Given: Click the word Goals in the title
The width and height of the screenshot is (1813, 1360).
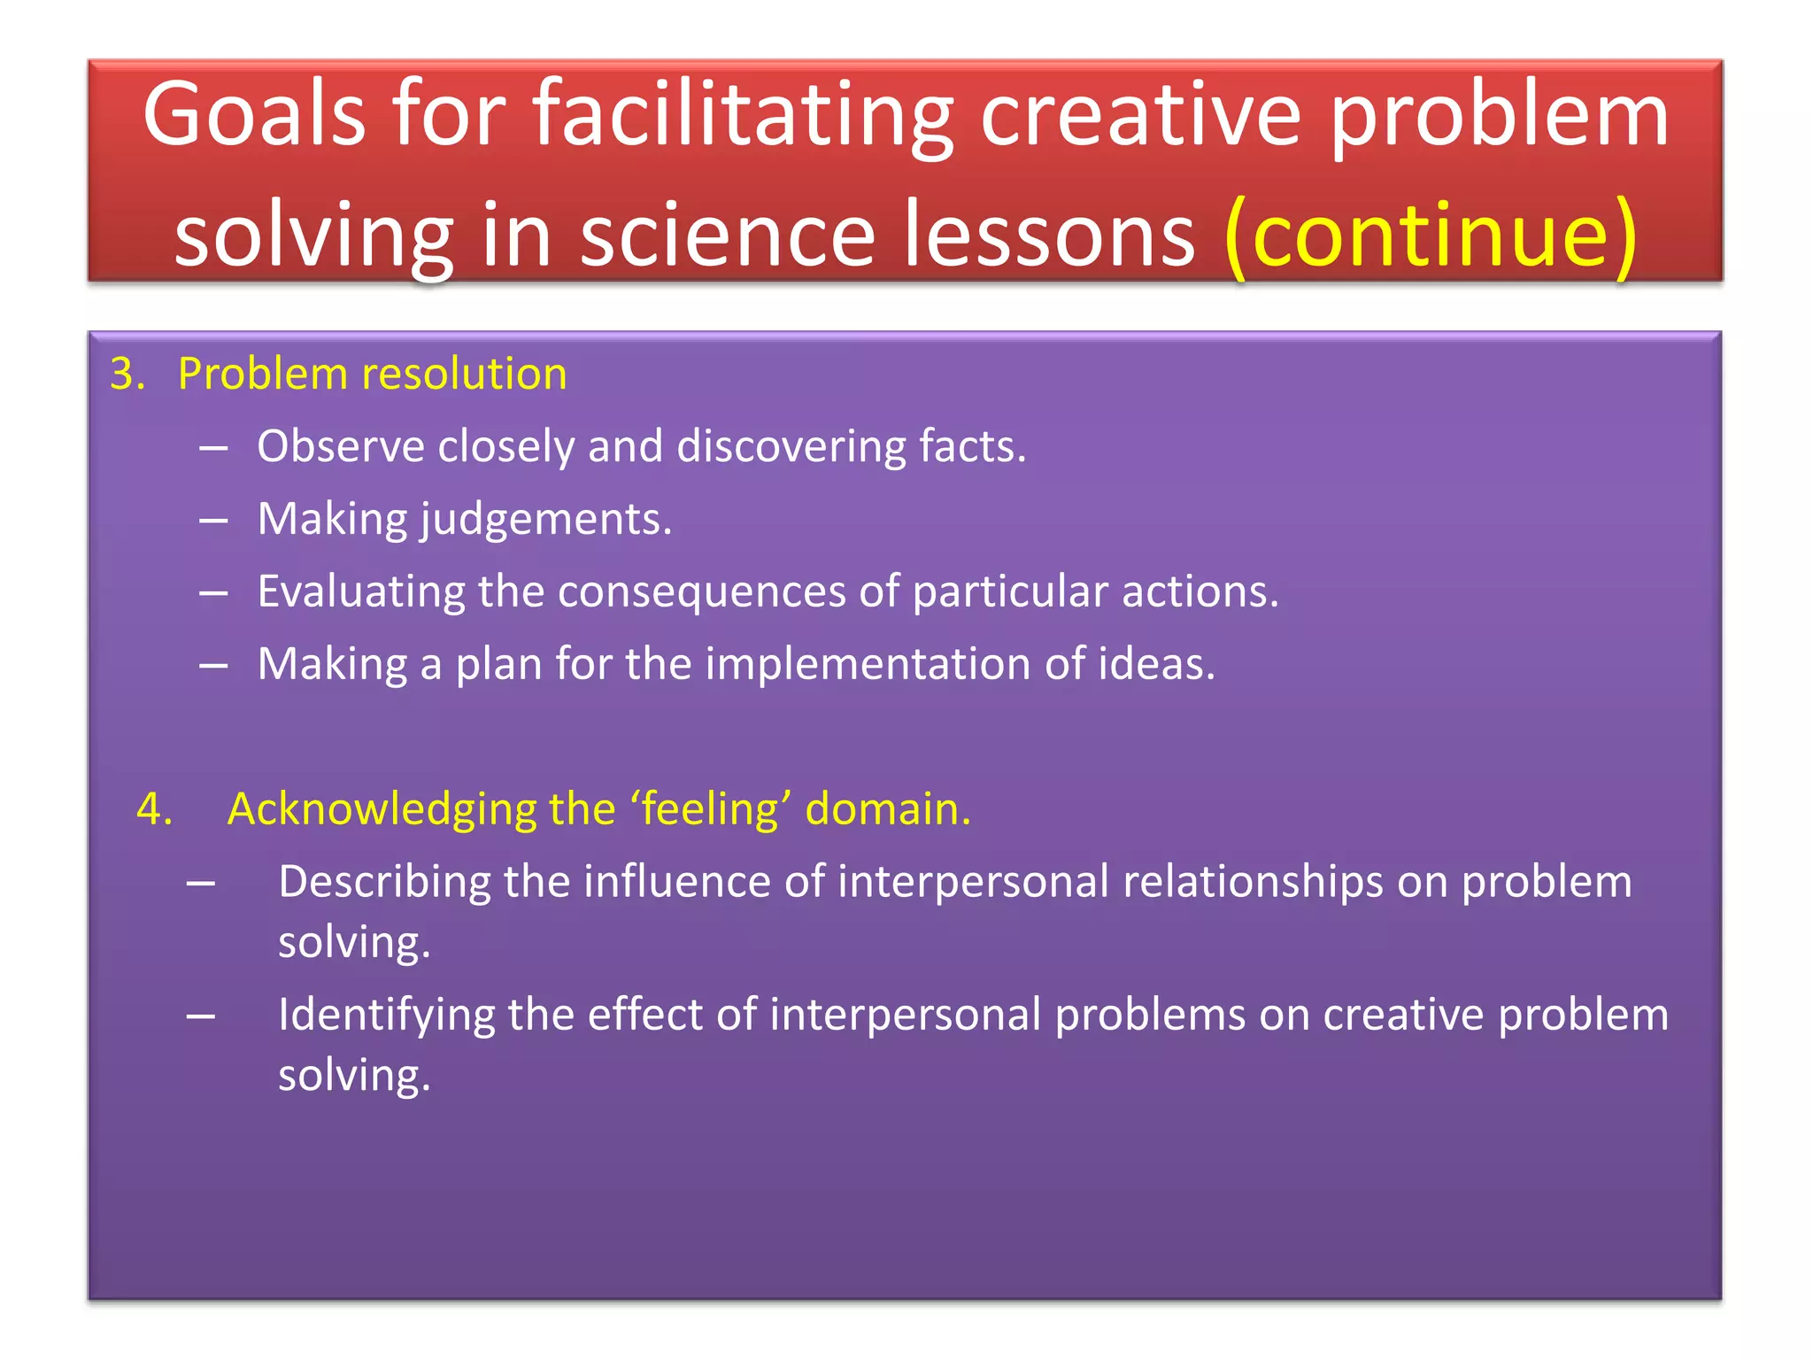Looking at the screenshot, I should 254,115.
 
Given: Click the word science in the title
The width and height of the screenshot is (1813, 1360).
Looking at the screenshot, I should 727,236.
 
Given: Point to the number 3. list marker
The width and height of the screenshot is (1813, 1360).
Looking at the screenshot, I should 127,375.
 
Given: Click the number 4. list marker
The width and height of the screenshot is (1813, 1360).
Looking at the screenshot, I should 154,809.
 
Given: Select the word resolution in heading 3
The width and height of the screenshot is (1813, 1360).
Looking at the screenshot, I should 464,375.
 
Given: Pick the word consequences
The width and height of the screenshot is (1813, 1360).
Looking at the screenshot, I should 701,591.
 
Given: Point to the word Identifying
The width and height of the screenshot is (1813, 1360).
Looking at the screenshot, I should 385,1015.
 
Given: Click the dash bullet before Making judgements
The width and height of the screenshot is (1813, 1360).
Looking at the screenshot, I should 213,521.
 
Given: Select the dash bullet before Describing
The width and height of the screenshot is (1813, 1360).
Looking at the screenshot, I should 201,884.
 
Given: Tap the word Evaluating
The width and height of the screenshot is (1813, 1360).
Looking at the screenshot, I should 360,591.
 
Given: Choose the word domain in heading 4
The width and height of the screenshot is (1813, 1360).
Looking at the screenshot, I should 887,809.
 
